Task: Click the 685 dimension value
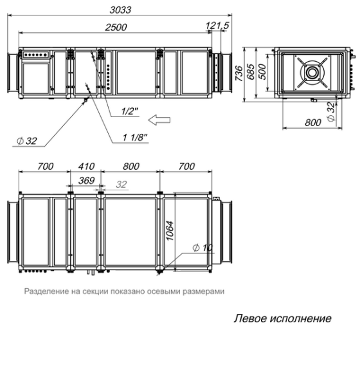click(x=251, y=70)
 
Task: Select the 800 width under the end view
click(x=314, y=121)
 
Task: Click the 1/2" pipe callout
click(x=130, y=111)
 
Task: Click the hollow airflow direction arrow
click(x=159, y=118)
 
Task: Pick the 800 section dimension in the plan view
click(x=130, y=167)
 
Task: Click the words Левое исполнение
click(x=282, y=318)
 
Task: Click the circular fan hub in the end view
click(x=312, y=72)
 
